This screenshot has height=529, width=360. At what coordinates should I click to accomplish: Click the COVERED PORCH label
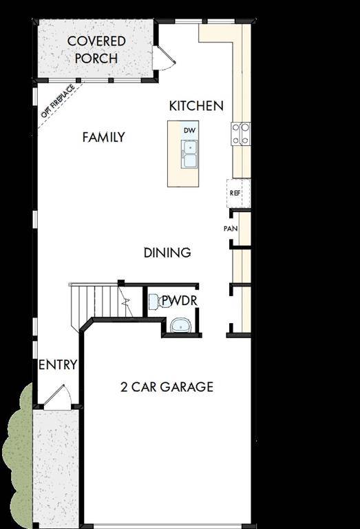pos(96,50)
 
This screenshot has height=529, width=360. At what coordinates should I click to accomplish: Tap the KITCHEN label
pos(196,105)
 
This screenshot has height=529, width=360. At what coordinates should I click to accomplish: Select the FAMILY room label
pos(103,137)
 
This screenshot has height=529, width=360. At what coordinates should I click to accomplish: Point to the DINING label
pos(167,253)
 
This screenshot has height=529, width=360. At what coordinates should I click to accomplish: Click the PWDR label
pos(179,300)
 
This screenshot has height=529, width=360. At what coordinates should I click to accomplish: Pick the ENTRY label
pos(57,364)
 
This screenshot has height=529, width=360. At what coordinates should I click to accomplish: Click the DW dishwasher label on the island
pos(189,130)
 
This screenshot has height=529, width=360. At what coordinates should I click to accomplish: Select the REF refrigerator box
pos(235,193)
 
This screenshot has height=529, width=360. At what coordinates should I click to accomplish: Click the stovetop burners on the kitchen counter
pos(241,134)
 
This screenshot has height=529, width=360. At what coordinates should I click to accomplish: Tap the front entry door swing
pos(58,396)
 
